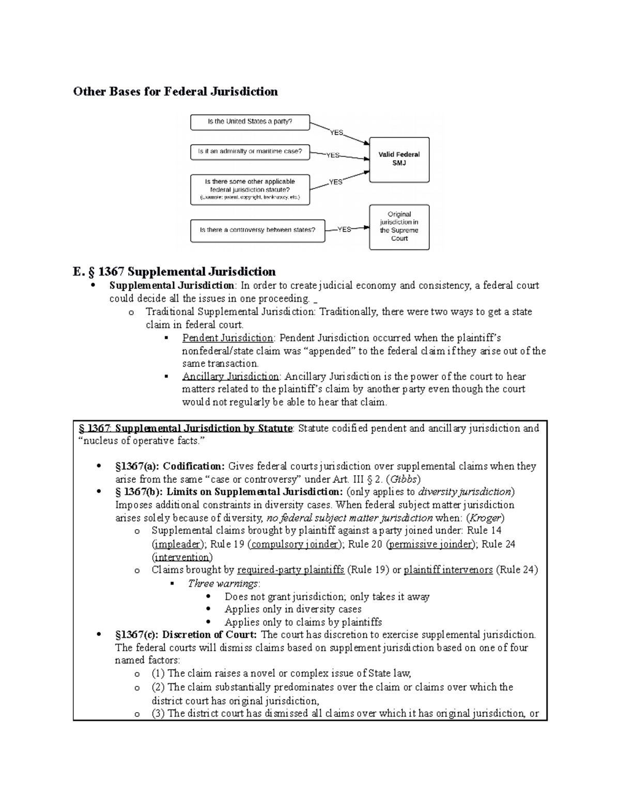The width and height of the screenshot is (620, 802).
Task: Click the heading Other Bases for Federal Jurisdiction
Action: tap(175, 92)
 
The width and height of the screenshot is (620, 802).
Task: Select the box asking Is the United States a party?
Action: tap(250, 122)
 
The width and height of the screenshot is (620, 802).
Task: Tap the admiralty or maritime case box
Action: tap(250, 152)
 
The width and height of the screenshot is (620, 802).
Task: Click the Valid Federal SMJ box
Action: tap(399, 159)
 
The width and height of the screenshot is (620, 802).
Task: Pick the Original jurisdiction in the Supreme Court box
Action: tap(399, 226)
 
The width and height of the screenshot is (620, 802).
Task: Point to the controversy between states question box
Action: tap(257, 230)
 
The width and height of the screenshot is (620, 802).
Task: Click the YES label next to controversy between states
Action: tap(344, 230)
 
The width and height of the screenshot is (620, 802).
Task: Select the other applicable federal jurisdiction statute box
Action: tap(250, 189)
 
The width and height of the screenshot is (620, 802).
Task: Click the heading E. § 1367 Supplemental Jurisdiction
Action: tap(174, 272)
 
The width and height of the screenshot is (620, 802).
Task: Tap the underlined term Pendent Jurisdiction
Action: tap(228, 338)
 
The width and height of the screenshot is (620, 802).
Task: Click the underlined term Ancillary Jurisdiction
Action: tap(230, 376)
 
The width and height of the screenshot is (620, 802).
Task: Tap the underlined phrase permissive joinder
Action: tap(431, 544)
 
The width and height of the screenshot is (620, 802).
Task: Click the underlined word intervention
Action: tap(182, 557)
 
